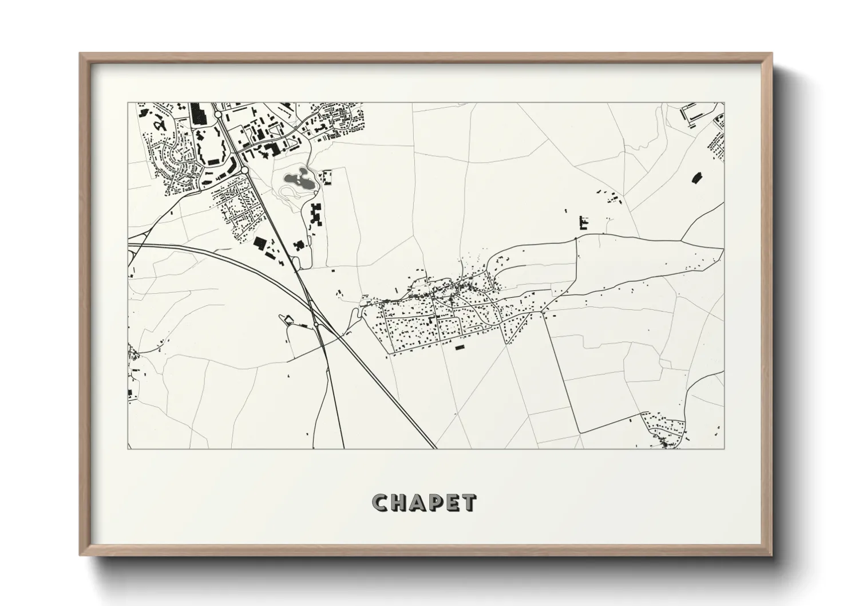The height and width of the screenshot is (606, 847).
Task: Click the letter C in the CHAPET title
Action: coord(380,503)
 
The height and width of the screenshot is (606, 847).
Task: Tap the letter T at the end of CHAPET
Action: coord(468,503)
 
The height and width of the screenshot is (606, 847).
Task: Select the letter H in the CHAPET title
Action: coord(398,503)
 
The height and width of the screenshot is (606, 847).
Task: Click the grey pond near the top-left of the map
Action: coord(298,182)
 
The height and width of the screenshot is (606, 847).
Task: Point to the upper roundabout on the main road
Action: coord(218,115)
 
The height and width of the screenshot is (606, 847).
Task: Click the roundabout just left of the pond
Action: coord(244,170)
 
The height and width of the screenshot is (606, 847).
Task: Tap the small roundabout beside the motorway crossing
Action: coord(315,325)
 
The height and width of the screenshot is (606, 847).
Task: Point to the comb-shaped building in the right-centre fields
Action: coord(584,222)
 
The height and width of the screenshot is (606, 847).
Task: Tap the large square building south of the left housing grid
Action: coord(260,243)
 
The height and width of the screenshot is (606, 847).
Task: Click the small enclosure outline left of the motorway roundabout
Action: coord(288,319)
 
